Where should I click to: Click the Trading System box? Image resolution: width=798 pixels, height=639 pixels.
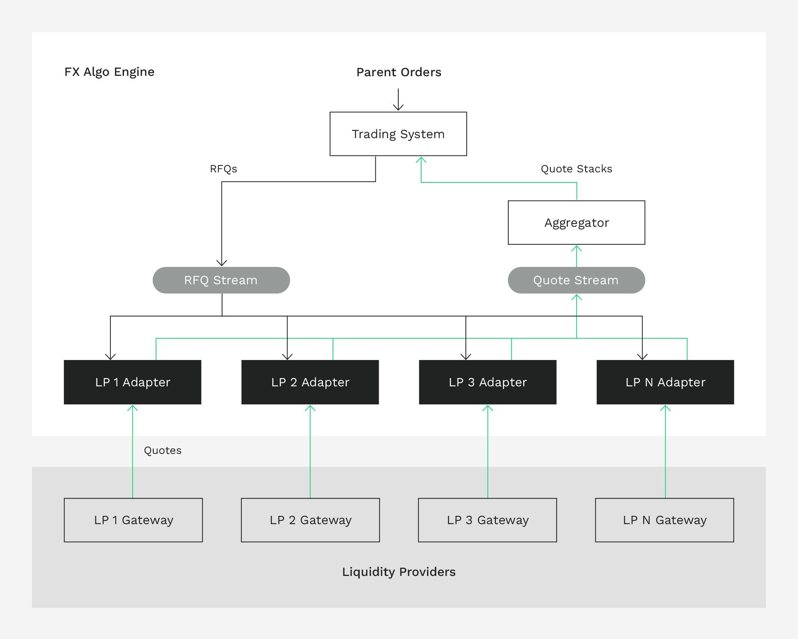coord(398,134)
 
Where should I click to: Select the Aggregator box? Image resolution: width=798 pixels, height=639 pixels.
coord(576,223)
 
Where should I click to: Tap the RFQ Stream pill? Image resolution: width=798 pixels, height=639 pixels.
coord(221,280)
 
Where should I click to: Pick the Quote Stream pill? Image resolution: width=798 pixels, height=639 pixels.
coord(576,280)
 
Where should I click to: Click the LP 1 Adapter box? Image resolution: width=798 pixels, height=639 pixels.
coord(132,382)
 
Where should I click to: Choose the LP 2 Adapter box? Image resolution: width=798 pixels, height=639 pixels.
coord(310,382)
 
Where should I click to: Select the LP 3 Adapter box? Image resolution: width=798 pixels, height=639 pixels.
coord(488,382)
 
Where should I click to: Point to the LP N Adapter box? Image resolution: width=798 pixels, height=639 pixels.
coord(665,382)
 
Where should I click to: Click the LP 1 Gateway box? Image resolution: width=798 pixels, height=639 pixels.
coord(133,520)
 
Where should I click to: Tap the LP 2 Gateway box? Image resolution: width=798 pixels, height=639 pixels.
coord(310,520)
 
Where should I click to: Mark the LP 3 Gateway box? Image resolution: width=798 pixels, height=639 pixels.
coord(488,520)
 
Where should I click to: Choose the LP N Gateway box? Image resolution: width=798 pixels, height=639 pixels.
coord(664,520)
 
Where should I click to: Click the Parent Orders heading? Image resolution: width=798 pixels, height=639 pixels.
coord(399,72)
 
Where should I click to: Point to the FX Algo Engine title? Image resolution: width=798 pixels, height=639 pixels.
coord(109,72)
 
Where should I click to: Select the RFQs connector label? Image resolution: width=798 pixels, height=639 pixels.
coord(223,169)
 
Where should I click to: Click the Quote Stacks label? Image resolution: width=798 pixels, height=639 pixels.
coord(576,169)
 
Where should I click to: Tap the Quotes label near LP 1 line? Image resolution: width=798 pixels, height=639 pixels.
coord(163,451)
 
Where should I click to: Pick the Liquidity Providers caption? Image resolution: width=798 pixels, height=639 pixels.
coord(399,572)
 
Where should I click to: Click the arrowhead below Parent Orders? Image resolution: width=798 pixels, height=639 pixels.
coord(398,107)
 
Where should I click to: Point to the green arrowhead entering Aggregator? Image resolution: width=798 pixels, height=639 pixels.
coord(577,248)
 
